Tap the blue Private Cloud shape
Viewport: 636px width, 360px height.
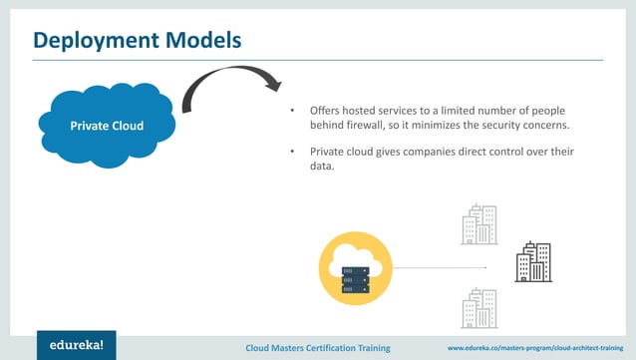(x=106, y=127)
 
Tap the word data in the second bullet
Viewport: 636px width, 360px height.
(x=322, y=167)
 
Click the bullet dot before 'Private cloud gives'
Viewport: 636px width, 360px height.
(x=292, y=151)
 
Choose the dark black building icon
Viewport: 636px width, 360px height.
(x=533, y=262)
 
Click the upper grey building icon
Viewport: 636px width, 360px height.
(x=479, y=224)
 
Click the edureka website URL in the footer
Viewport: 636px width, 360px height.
(x=540, y=347)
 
